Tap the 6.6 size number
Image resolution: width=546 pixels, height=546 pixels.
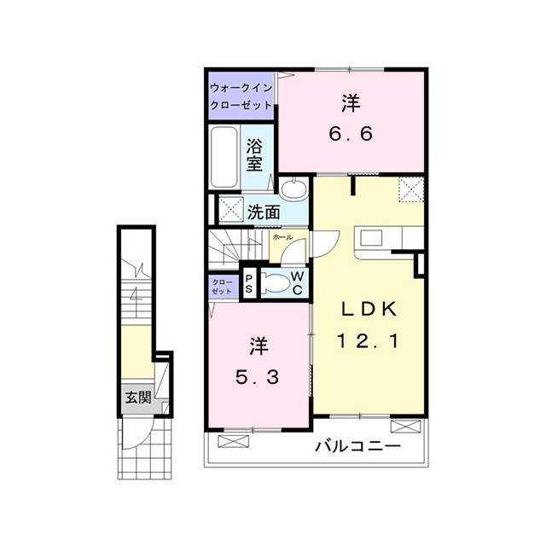click(x=351, y=134)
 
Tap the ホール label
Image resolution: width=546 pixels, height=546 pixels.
click(x=284, y=237)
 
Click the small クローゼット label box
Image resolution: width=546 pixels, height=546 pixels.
click(x=222, y=286)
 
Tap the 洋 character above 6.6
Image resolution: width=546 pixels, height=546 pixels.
click(x=351, y=104)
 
